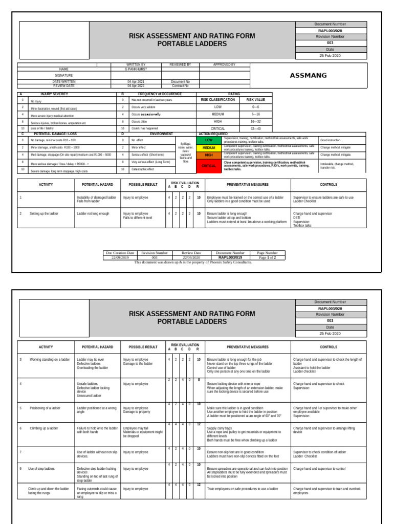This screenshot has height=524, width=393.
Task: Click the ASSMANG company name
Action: pyautogui.click(x=308, y=76)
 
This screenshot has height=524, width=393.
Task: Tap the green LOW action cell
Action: pyautogui.click(x=209, y=140)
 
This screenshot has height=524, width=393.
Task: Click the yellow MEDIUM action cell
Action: pyautogui.click(x=209, y=147)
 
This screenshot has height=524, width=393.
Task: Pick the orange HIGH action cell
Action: pyautogui.click(x=209, y=155)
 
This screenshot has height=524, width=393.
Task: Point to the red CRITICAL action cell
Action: pyautogui.click(x=209, y=166)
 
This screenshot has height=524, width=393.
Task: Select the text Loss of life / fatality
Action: pyautogui.click(x=44, y=129)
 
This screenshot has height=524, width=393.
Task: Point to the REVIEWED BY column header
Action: pyautogui.click(x=177, y=65)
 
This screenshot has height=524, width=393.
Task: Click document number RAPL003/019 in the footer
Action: pyautogui.click(x=231, y=258)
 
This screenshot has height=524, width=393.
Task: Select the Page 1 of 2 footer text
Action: pyautogui.click(x=268, y=258)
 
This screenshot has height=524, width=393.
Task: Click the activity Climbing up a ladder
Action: pyautogui.click(x=43, y=428)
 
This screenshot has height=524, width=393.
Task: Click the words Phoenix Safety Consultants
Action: pyautogui.click(x=231, y=262)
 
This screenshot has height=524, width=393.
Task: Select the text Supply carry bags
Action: pyautogui.click(x=220, y=428)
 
